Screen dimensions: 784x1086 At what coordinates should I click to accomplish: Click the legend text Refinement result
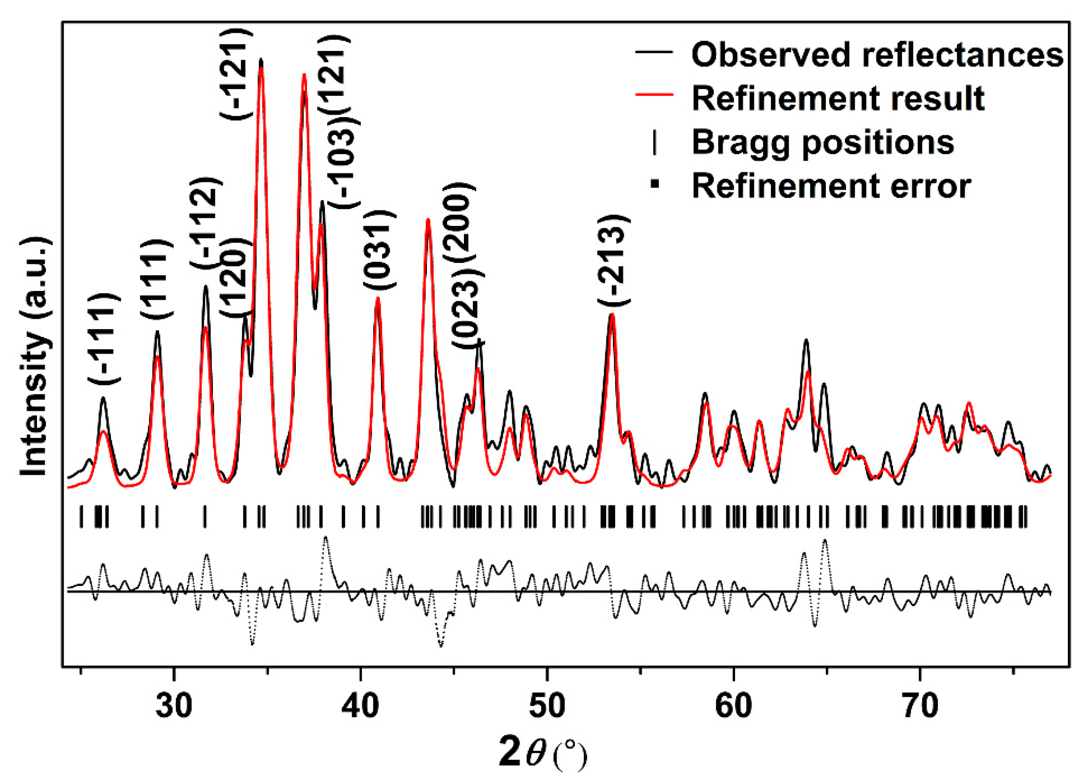[x=838, y=98]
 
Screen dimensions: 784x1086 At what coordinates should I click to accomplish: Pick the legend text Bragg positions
[x=823, y=142]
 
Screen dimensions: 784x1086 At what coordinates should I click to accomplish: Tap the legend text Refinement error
[x=831, y=186]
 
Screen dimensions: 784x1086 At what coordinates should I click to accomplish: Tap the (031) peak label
[x=379, y=249]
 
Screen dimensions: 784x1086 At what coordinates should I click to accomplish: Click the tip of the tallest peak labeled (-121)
[x=261, y=60]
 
